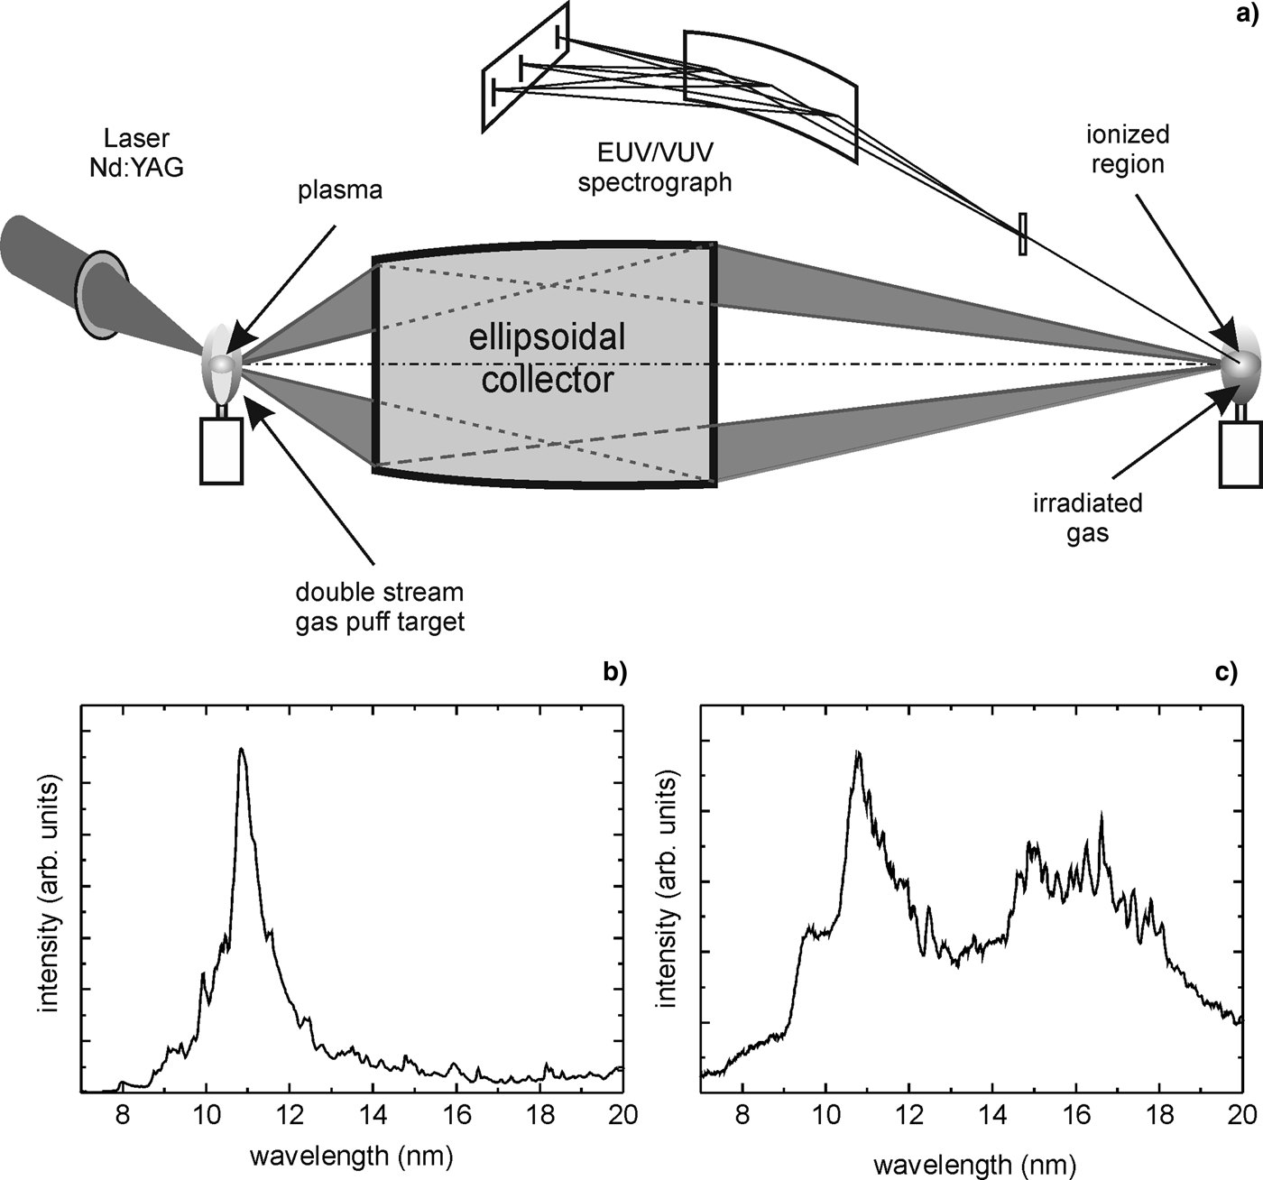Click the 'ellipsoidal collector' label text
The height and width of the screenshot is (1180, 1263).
(x=548, y=358)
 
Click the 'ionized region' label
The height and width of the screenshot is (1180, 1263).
(x=1128, y=149)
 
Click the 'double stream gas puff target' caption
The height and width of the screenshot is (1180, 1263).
(x=380, y=607)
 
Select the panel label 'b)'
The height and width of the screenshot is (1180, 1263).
(x=613, y=671)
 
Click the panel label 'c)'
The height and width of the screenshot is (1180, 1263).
(x=1227, y=671)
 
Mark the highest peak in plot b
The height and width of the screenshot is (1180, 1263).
(x=241, y=750)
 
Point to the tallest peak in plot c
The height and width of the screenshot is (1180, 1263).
(x=858, y=752)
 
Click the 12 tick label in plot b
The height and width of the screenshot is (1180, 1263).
(x=290, y=1115)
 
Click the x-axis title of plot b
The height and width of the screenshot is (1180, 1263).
(x=351, y=1156)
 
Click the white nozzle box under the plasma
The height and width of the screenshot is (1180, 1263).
(x=221, y=450)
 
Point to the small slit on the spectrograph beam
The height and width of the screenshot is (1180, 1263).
(x=1022, y=233)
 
